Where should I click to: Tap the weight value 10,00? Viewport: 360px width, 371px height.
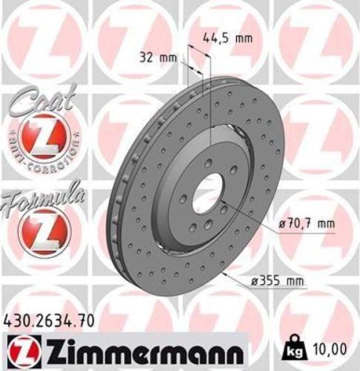(x=331, y=347)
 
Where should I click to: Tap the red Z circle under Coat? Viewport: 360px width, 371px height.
(x=39, y=137)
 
